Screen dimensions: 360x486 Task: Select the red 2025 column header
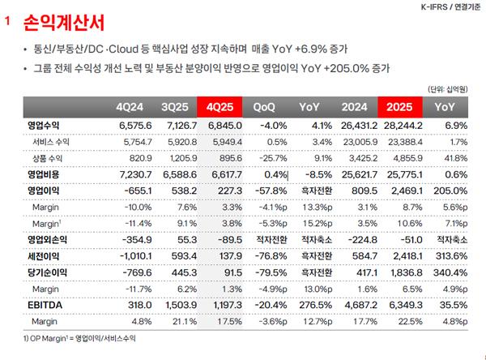[x=403, y=107]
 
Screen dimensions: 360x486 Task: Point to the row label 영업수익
[x=43, y=126]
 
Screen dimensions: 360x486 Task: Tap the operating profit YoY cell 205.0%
[x=449, y=189]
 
